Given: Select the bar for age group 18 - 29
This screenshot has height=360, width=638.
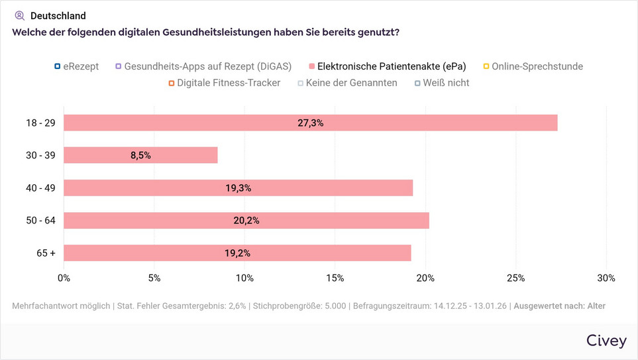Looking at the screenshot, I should pos(310,123).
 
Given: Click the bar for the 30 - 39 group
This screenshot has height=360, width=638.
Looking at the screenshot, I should pos(140,155).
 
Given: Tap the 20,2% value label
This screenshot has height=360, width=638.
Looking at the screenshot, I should pos(246,221).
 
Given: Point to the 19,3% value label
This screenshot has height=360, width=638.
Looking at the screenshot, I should pos(238,188).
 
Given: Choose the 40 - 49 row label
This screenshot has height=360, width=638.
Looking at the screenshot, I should pos(41,188).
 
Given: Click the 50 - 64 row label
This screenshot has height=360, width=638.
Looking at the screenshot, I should pos(41,220).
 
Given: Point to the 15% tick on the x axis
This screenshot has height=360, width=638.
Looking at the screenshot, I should pos(335,278).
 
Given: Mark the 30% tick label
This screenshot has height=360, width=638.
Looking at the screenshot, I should pos(606,278).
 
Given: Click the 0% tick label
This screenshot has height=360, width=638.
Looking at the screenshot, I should pos(64,278).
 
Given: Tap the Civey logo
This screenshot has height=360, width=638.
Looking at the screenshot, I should pos(606,341).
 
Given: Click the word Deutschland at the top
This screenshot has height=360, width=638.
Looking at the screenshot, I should pos(58,16).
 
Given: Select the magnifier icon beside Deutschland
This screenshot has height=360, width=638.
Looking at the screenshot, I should pos(19,16).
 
